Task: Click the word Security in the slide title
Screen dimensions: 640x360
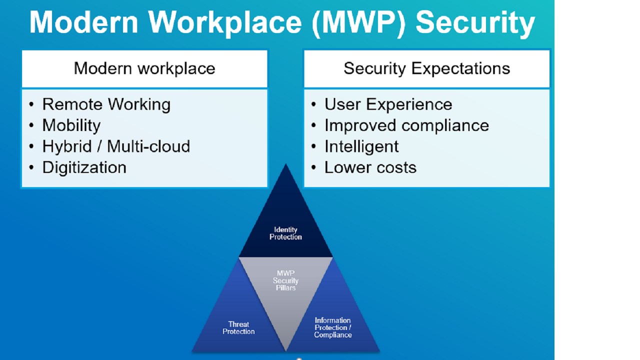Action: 475,23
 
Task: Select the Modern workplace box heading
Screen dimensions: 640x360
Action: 144,69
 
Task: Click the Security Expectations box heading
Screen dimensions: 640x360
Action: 427,69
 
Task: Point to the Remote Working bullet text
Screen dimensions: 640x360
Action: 106,104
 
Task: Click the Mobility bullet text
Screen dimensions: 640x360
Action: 71,125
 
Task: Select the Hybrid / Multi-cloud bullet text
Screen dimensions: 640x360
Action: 116,146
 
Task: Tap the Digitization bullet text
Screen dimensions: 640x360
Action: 84,167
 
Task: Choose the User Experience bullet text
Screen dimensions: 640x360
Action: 388,104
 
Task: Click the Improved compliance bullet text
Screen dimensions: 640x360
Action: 407,125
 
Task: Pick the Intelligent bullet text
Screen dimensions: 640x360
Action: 361,147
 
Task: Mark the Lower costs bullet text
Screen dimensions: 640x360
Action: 370,167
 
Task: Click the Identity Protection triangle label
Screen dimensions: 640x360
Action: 285,233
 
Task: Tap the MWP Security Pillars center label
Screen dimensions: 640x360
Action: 285,280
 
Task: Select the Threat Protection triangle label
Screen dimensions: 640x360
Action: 238,328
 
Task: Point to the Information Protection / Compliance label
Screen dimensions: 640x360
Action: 333,327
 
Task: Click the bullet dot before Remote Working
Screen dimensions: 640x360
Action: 31,104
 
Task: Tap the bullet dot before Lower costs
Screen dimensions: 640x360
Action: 313,167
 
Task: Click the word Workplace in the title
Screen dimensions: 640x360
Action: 225,23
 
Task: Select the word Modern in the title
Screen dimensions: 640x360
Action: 83,23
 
